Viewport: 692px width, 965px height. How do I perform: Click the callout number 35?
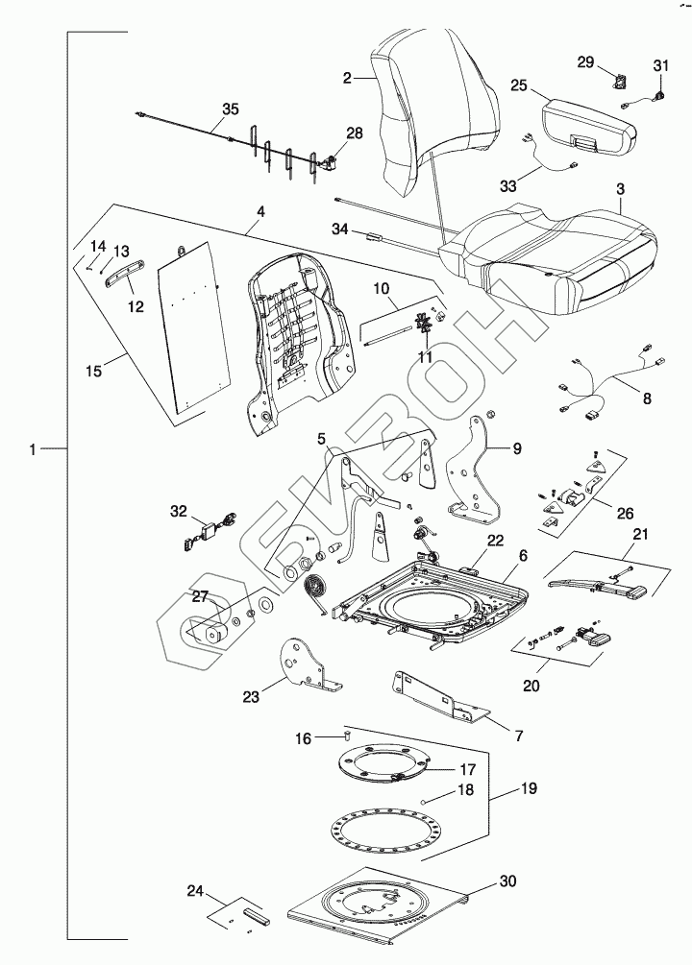(230, 109)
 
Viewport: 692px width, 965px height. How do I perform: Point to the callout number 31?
(660, 65)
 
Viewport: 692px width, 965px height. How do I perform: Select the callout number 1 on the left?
(35, 449)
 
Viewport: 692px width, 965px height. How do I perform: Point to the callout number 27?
(199, 596)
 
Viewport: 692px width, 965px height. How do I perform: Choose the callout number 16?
(303, 739)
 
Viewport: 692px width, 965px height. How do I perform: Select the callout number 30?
(508, 880)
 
